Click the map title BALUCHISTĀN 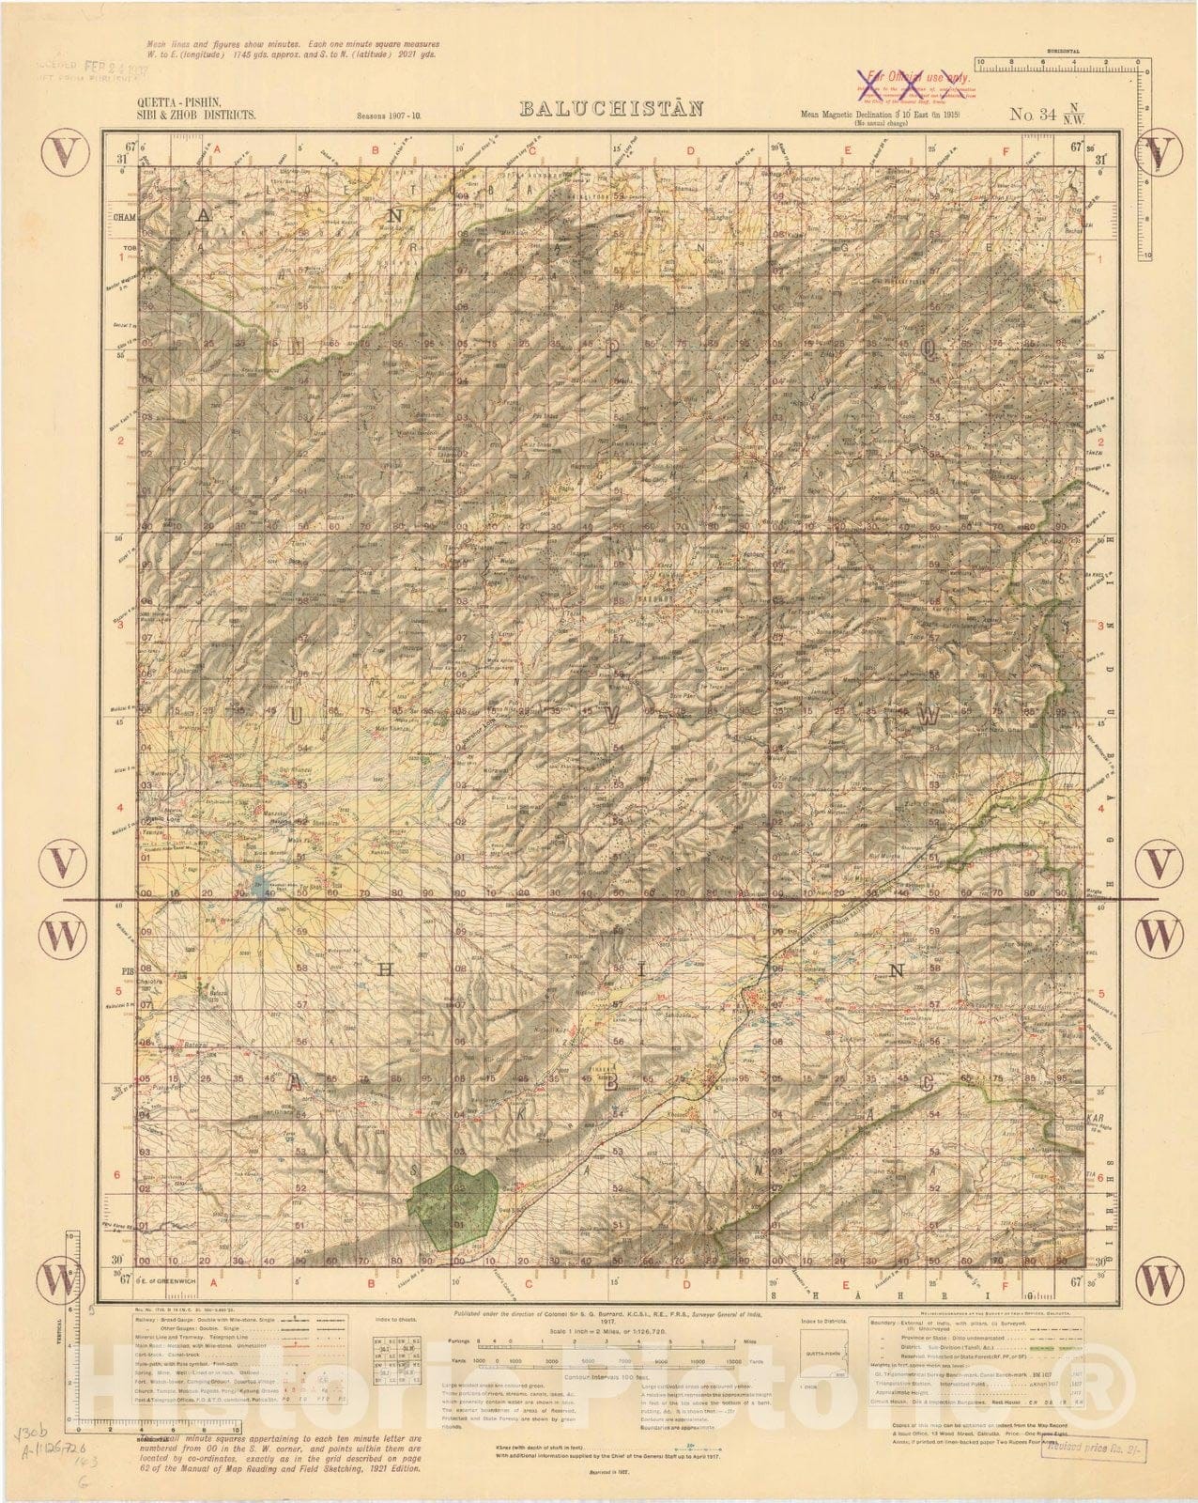pyautogui.click(x=612, y=108)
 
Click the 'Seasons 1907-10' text pyautogui.click(x=389, y=116)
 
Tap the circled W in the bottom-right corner pyautogui.click(x=1161, y=1274)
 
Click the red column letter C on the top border pyautogui.click(x=531, y=149)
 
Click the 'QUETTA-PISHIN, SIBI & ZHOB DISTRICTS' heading pyautogui.click(x=196, y=108)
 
